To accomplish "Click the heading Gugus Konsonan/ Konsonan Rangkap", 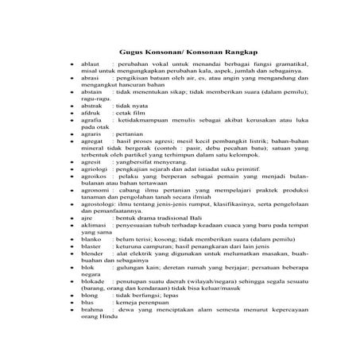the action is [179, 48].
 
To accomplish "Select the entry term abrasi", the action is [91, 79].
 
